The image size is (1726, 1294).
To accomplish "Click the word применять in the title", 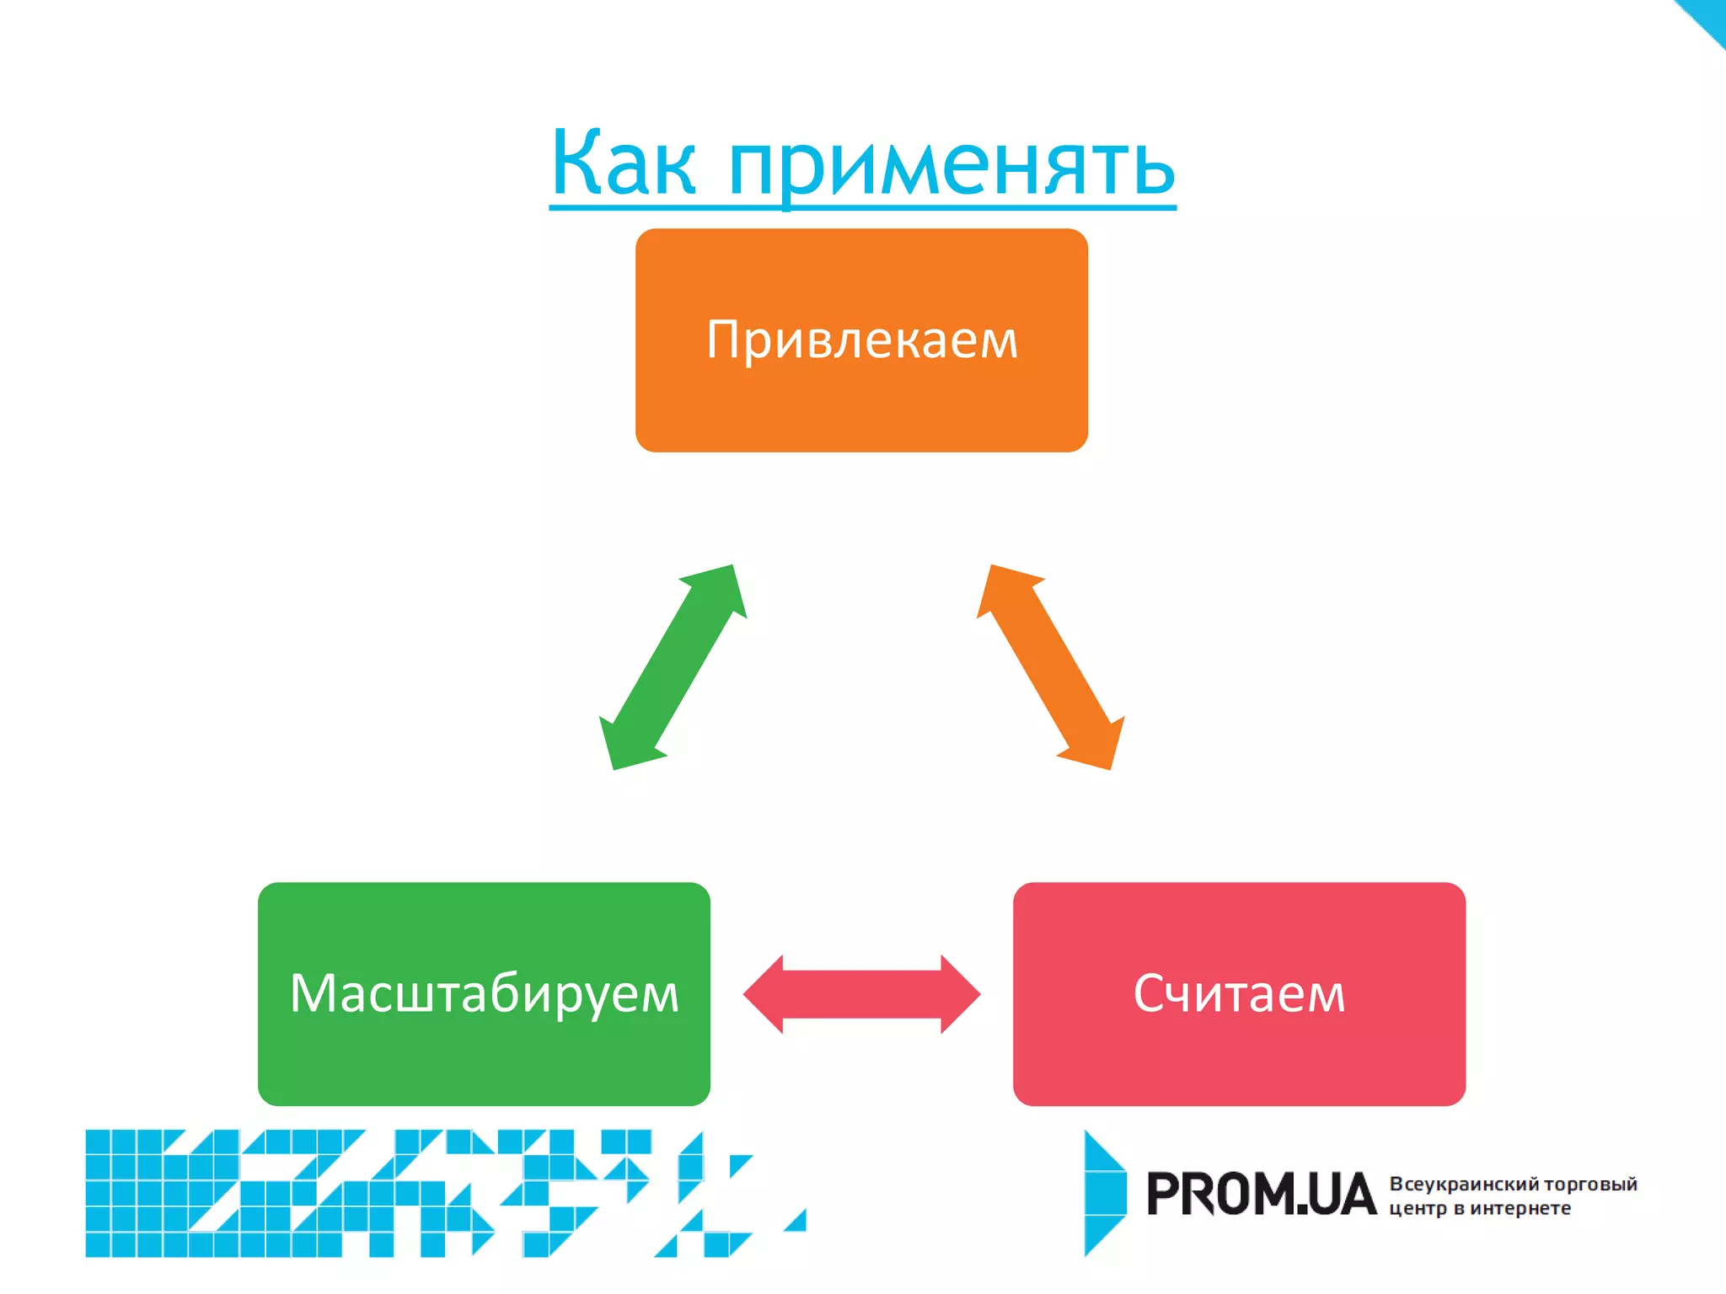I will click(951, 166).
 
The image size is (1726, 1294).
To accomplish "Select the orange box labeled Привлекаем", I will click(861, 340).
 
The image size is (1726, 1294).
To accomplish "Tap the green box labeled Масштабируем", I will click(484, 994).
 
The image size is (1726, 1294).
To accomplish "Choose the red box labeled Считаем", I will click(1239, 994).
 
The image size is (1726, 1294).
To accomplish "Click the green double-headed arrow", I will click(673, 667).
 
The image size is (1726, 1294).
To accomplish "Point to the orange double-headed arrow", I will click(1050, 667).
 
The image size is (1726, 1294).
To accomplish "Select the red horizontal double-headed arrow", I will click(861, 994).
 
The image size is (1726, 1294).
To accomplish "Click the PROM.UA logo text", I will click(1261, 1195).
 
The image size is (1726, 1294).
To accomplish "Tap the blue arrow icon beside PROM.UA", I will click(1104, 1193).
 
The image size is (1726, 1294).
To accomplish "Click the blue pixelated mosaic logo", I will click(421, 1193).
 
